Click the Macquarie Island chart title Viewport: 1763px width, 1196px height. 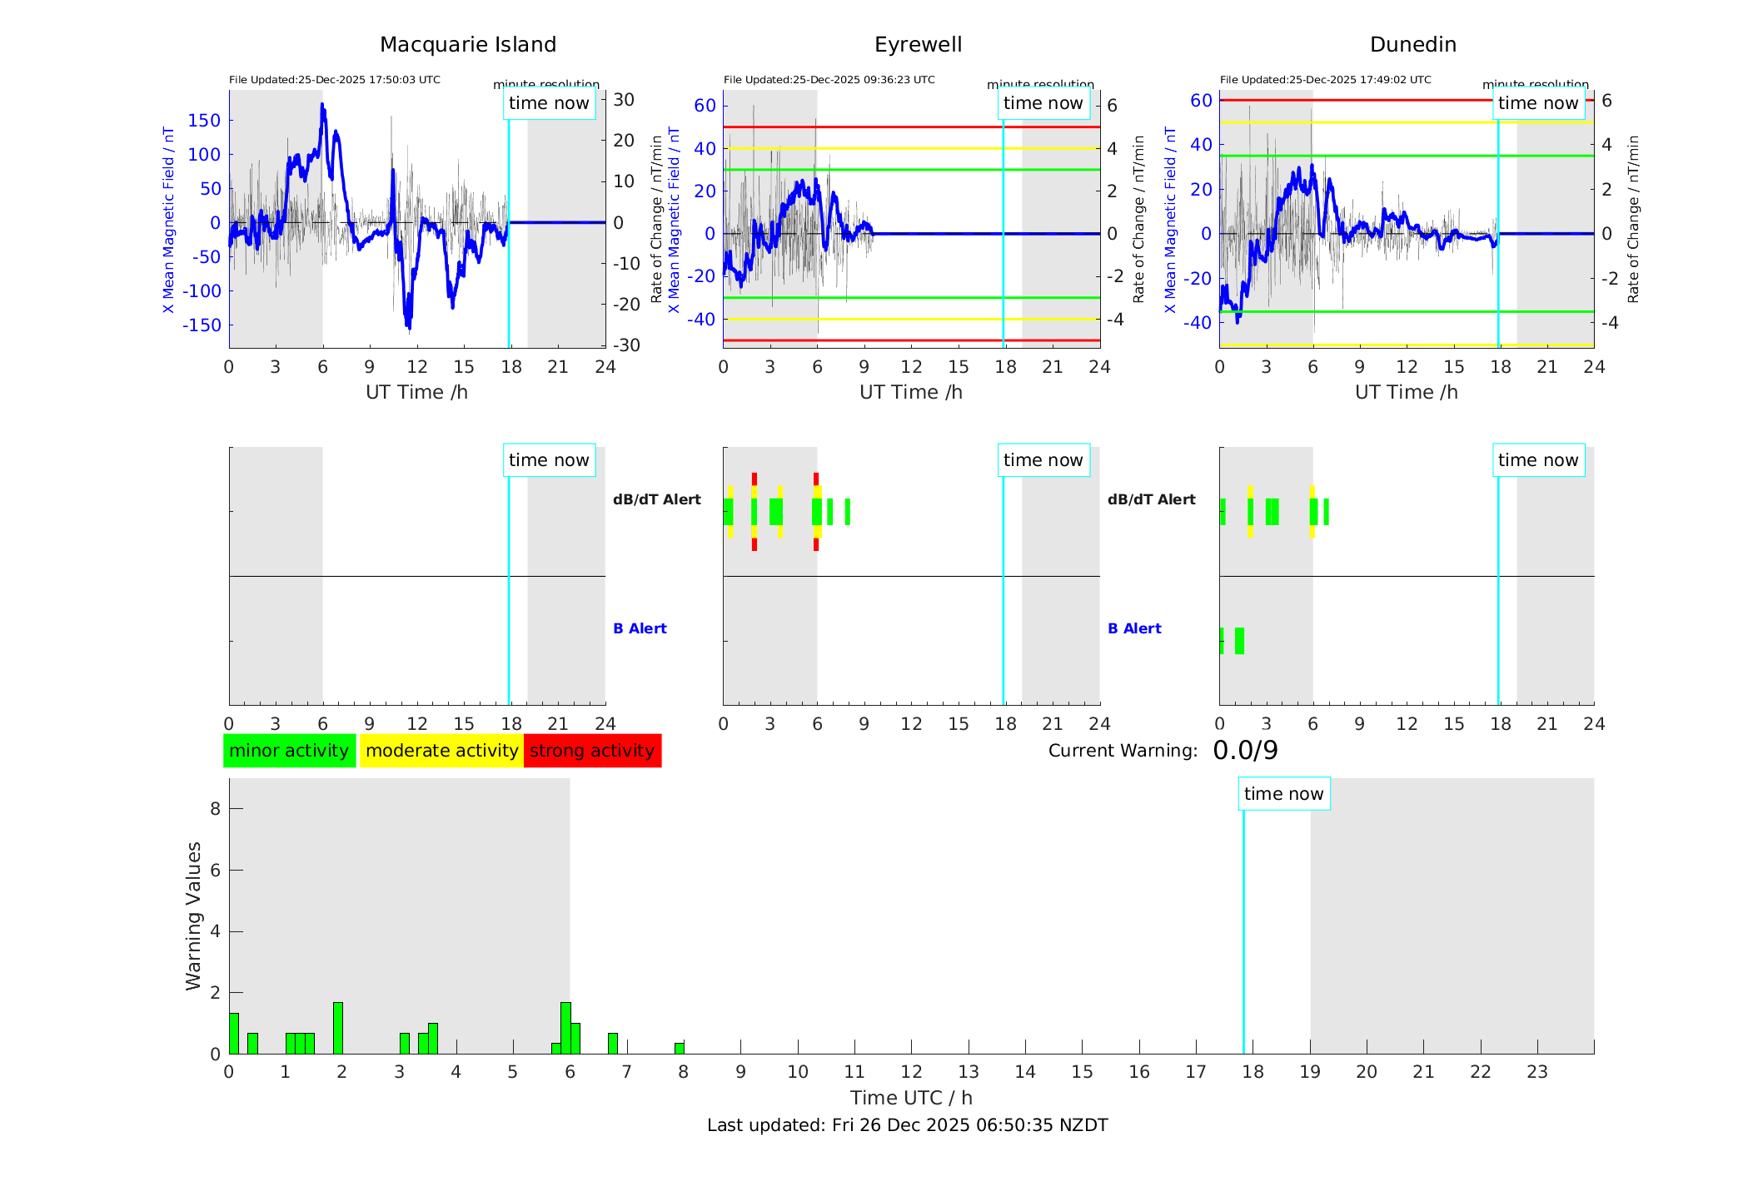pyautogui.click(x=468, y=45)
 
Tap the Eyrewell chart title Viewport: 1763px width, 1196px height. pyautogui.click(x=918, y=45)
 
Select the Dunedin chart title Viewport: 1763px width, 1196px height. pyautogui.click(x=1412, y=45)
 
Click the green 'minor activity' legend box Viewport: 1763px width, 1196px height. pyautogui.click(x=289, y=751)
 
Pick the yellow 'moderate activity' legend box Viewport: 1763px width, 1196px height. pyautogui.click(x=441, y=751)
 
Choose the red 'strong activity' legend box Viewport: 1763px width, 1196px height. pyautogui.click(x=592, y=751)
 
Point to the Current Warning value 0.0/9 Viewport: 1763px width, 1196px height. pyautogui.click(x=1245, y=751)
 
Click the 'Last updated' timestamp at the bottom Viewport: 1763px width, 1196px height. pyautogui.click(x=907, y=1125)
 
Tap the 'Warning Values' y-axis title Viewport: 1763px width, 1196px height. pyautogui.click(x=193, y=916)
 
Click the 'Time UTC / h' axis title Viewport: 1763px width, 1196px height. pyautogui.click(x=911, y=1098)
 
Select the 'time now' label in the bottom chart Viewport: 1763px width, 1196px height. pyautogui.click(x=1283, y=794)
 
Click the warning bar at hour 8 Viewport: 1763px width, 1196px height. pyautogui.click(x=680, y=1049)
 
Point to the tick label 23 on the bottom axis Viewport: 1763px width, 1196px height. pyautogui.click(x=1536, y=1072)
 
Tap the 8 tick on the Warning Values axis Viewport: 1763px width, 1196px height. pyautogui.click(x=215, y=809)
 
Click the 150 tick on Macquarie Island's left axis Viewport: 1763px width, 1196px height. pyautogui.click(x=204, y=121)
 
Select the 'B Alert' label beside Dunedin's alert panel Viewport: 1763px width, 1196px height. pyautogui.click(x=1134, y=628)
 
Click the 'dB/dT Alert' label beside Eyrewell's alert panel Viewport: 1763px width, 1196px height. pyautogui.click(x=657, y=499)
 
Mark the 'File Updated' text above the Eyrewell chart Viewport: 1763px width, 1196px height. pyautogui.click(x=829, y=80)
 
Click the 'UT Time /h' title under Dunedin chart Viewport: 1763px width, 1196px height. pyautogui.click(x=1406, y=392)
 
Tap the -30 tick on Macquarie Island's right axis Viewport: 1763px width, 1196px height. pyautogui.click(x=627, y=345)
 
